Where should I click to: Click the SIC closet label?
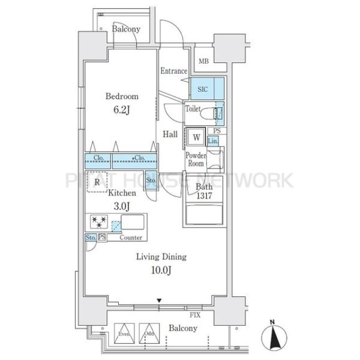[203, 89]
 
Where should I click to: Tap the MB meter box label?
[203, 61]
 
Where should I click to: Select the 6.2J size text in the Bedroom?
[122, 110]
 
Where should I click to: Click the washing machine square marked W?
[196, 137]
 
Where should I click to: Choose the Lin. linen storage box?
[213, 141]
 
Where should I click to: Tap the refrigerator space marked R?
[97, 182]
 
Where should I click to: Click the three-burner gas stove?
[99, 222]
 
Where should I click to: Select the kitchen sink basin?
[133, 222]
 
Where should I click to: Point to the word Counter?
[131, 238]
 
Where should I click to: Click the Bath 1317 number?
[204, 196]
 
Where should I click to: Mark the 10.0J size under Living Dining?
[161, 270]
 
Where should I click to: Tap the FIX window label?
[195, 315]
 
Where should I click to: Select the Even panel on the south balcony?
[124, 334]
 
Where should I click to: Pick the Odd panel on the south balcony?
[149, 334]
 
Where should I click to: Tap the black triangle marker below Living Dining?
[159, 301]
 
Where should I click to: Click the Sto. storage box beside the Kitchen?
[151, 180]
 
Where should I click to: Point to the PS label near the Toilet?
[217, 131]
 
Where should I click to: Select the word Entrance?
[174, 71]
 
